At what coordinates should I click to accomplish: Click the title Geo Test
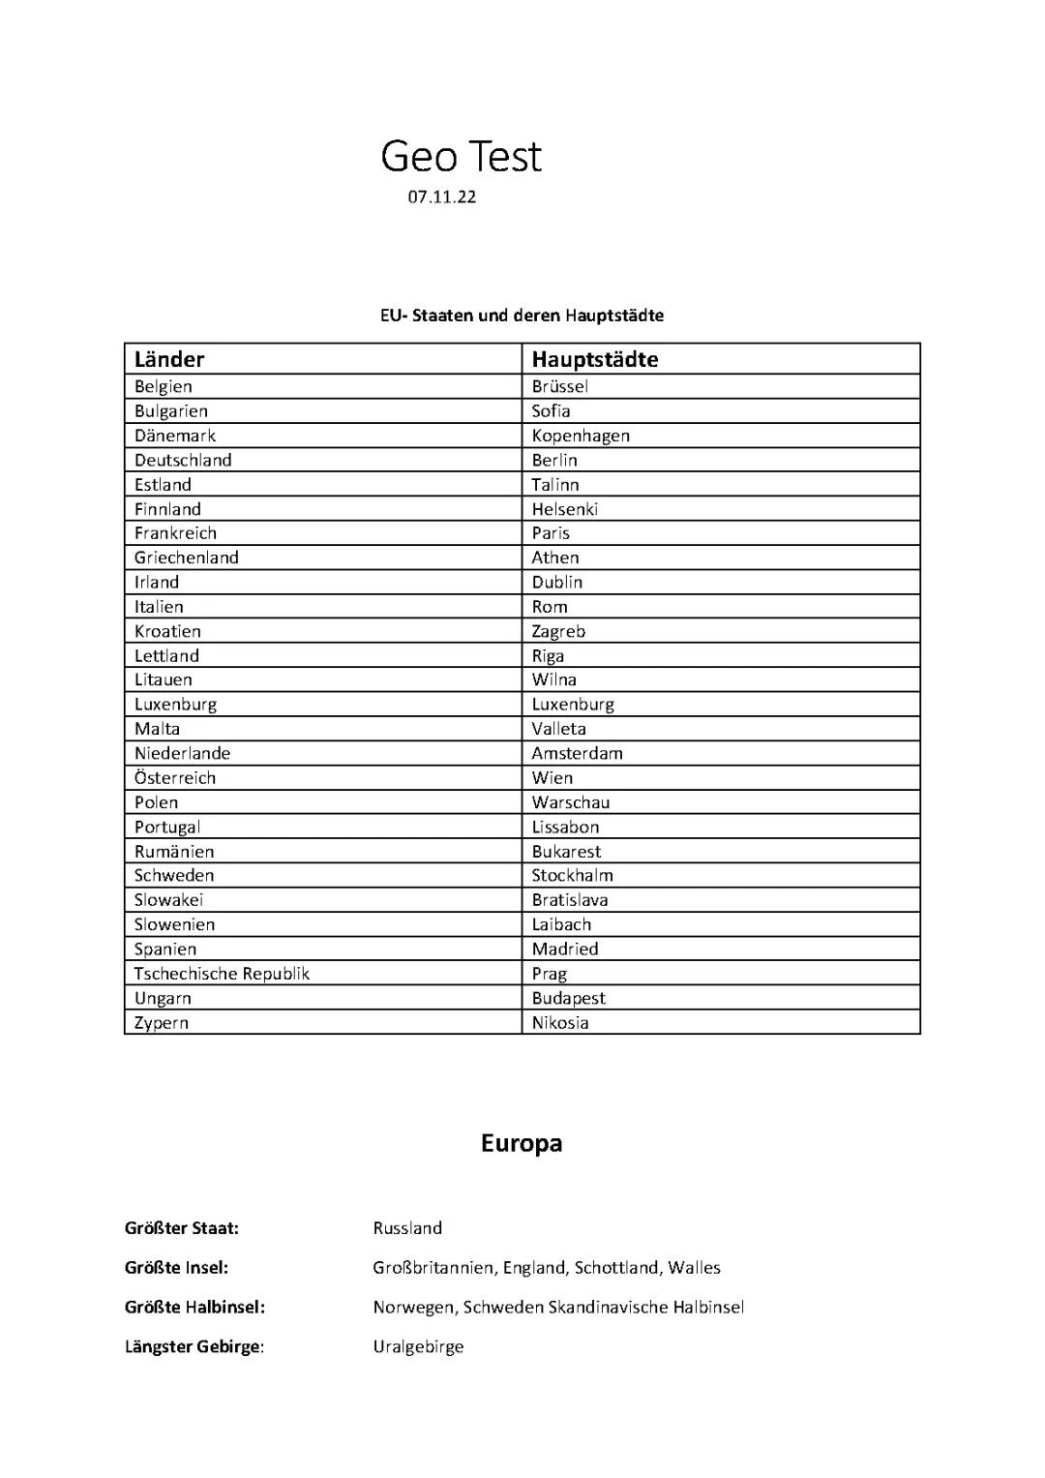461,157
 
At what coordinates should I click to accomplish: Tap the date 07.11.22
441,197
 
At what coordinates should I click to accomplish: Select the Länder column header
169,360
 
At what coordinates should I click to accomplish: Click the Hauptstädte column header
594,360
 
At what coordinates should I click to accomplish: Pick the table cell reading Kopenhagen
581,436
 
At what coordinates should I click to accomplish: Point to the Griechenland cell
187,558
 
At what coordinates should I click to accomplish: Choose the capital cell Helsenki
565,509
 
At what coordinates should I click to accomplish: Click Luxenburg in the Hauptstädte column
573,705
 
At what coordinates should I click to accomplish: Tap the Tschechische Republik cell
222,974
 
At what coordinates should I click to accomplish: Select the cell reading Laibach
561,924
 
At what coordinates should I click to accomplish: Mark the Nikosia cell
560,1023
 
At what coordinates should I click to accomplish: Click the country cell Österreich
175,778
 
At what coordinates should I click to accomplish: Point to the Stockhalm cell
572,876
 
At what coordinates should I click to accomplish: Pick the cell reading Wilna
553,679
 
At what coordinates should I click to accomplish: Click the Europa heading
522,1144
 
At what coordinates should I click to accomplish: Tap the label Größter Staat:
182,1228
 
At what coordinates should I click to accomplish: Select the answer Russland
407,1228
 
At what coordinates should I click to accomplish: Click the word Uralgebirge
418,1346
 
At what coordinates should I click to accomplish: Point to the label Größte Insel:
176,1268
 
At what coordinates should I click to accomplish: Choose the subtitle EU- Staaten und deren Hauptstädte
522,316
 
